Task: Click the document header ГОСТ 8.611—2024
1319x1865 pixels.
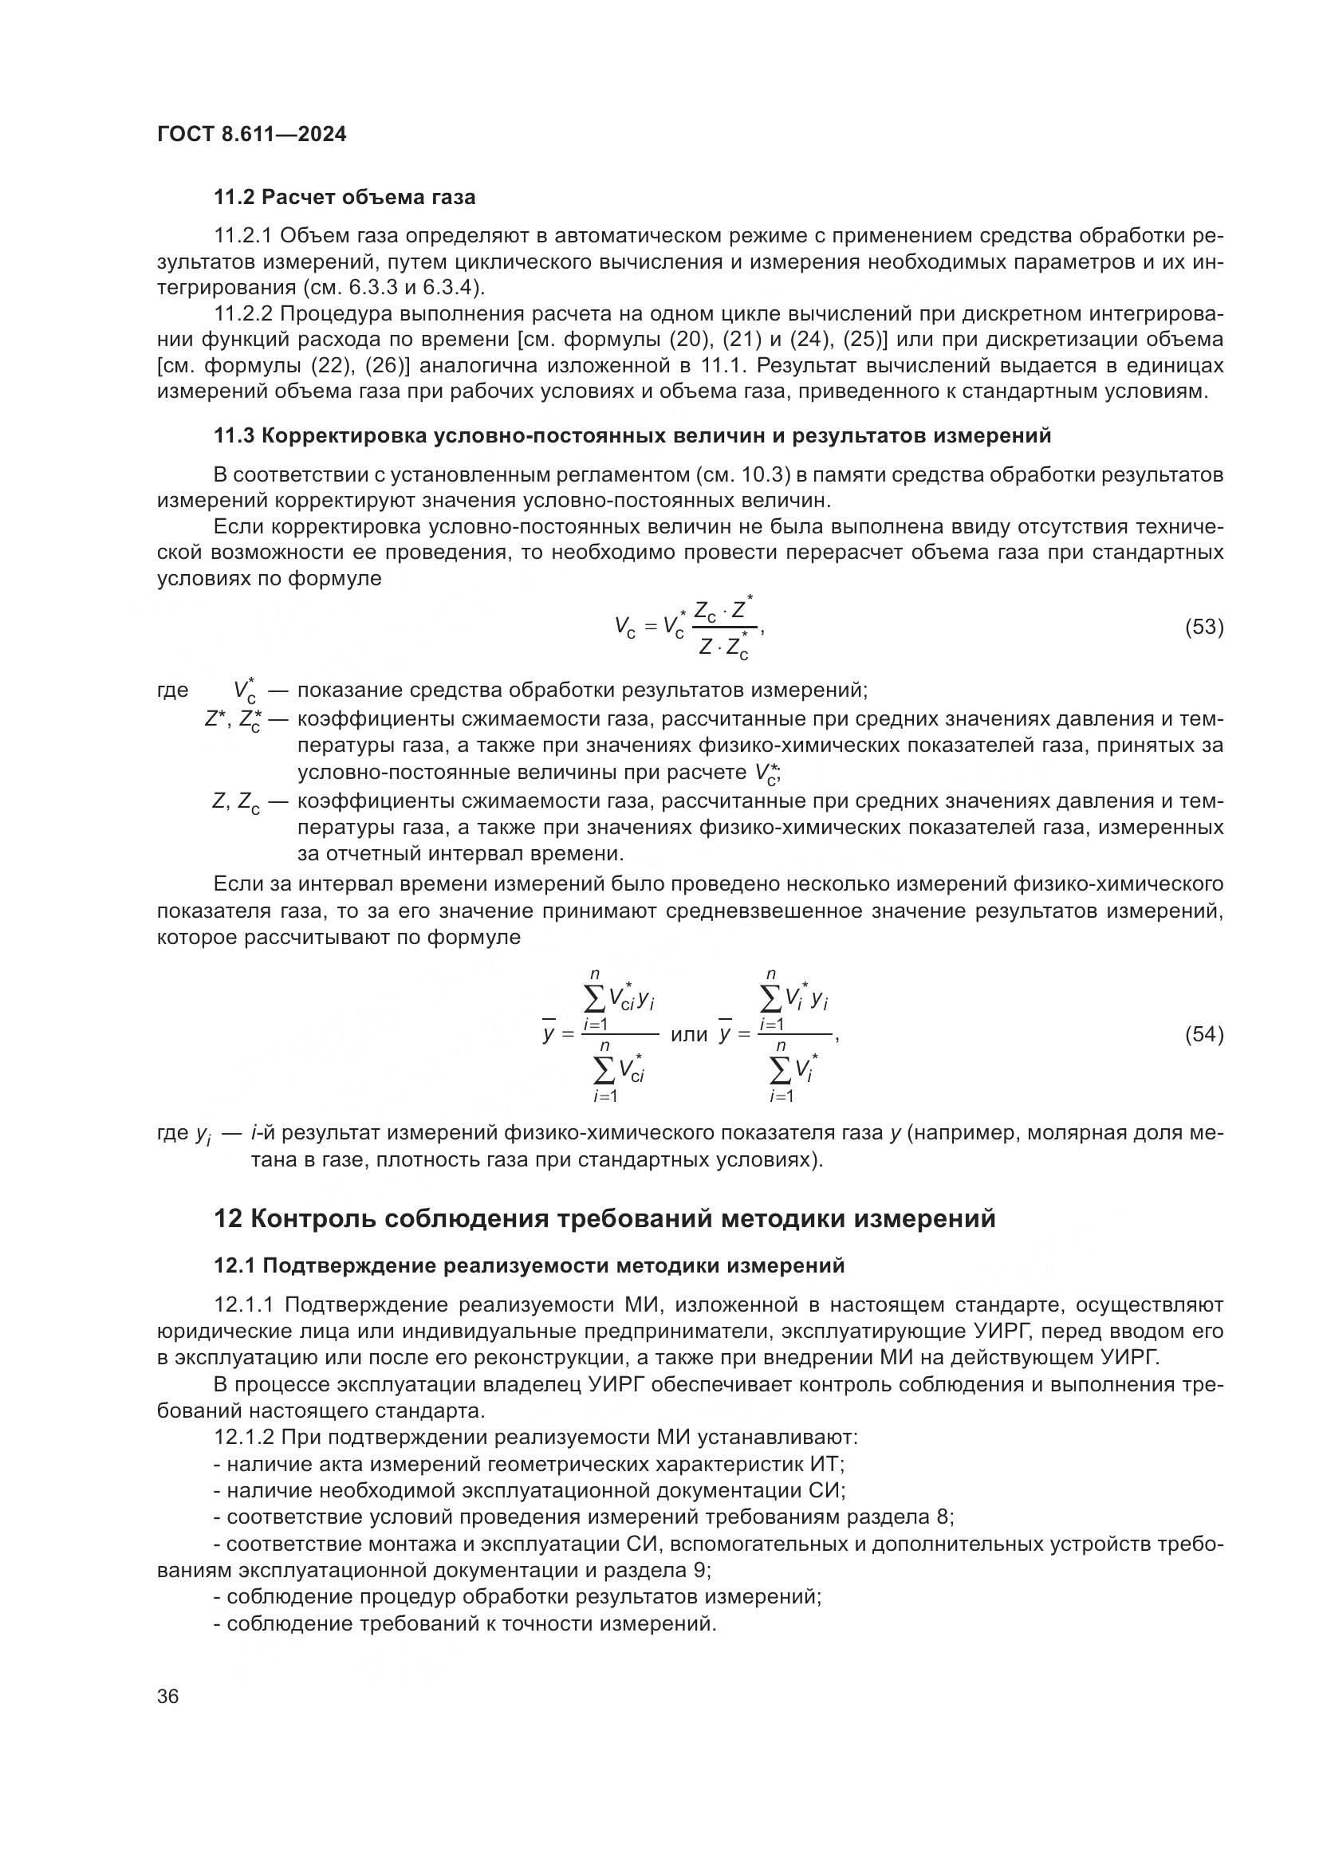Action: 251,134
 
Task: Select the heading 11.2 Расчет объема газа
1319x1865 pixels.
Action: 345,198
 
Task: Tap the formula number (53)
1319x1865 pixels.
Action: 1204,627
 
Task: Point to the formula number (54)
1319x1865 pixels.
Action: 1204,1034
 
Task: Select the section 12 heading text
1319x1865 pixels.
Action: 604,1218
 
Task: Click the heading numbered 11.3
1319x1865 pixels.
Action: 632,436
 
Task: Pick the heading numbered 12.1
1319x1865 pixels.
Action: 529,1265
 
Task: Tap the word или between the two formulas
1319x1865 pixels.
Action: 689,1034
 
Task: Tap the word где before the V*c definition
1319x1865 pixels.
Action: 172,691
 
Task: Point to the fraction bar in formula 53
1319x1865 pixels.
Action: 723,627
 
